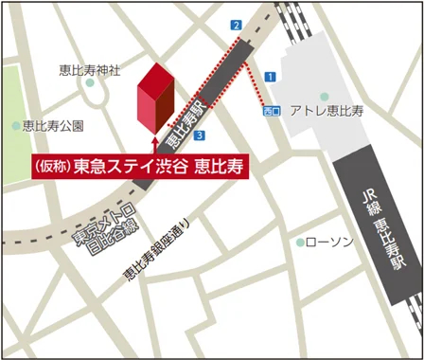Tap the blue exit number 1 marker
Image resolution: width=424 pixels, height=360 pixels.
[270, 76]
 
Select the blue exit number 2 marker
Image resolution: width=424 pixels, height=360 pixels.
[236, 25]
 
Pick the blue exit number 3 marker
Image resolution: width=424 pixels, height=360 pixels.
[199, 135]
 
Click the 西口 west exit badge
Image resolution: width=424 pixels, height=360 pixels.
[272, 112]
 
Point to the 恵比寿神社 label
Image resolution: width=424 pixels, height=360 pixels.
[89, 69]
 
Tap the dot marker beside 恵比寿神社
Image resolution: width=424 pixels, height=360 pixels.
[91, 83]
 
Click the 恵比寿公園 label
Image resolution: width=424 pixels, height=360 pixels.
[54, 125]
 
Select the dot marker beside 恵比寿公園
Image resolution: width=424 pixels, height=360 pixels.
[16, 125]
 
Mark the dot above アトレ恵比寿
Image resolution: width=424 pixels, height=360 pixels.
[324, 96]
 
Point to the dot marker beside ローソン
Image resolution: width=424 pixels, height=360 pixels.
[300, 243]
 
